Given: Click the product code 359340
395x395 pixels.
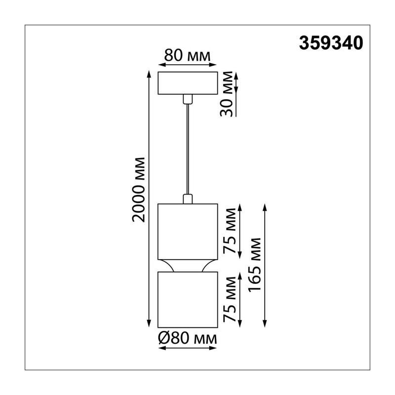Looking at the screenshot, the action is pyautogui.click(x=331, y=43).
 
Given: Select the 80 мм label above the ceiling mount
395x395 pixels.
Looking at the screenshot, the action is pyautogui.click(x=187, y=55).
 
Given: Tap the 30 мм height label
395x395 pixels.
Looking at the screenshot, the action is pyautogui.click(x=226, y=94).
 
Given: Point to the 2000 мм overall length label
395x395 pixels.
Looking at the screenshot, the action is pyautogui.click(x=139, y=190).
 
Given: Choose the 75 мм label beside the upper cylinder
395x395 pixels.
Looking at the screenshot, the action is pyautogui.click(x=230, y=231).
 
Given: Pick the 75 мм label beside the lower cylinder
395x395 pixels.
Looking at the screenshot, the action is pyautogui.click(x=230, y=300).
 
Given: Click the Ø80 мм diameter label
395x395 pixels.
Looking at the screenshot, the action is pyautogui.click(x=187, y=339).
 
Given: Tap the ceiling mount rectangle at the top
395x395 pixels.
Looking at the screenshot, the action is pyautogui.click(x=188, y=83).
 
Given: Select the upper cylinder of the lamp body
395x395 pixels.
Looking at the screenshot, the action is pyautogui.click(x=188, y=232).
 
